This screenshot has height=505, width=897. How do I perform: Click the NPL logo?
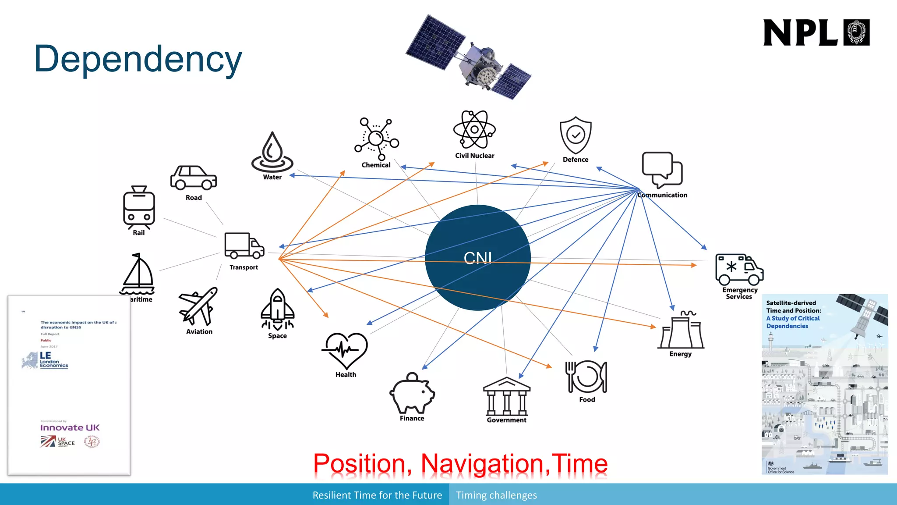(x=816, y=32)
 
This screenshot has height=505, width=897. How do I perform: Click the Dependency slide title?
(x=138, y=59)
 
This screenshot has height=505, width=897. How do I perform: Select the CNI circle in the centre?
(x=477, y=258)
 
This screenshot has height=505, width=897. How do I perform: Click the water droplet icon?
(x=272, y=152)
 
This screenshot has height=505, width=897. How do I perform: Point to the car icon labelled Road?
(x=193, y=178)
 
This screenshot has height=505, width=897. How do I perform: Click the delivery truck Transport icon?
(x=244, y=246)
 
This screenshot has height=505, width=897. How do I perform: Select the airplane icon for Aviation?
(x=198, y=306)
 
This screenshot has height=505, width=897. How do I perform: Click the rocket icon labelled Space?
(x=277, y=309)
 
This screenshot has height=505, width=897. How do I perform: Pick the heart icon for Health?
(x=345, y=351)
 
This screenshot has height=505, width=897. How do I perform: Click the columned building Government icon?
(x=507, y=396)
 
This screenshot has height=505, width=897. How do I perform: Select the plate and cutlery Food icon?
(x=586, y=377)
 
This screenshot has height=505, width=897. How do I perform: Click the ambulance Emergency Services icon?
(x=739, y=270)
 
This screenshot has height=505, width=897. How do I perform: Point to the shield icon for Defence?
(x=576, y=135)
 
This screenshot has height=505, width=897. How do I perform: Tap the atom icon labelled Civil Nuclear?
(x=474, y=130)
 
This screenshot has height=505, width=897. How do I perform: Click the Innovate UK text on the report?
(x=70, y=427)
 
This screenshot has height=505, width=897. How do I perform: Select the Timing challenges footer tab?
(x=496, y=495)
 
